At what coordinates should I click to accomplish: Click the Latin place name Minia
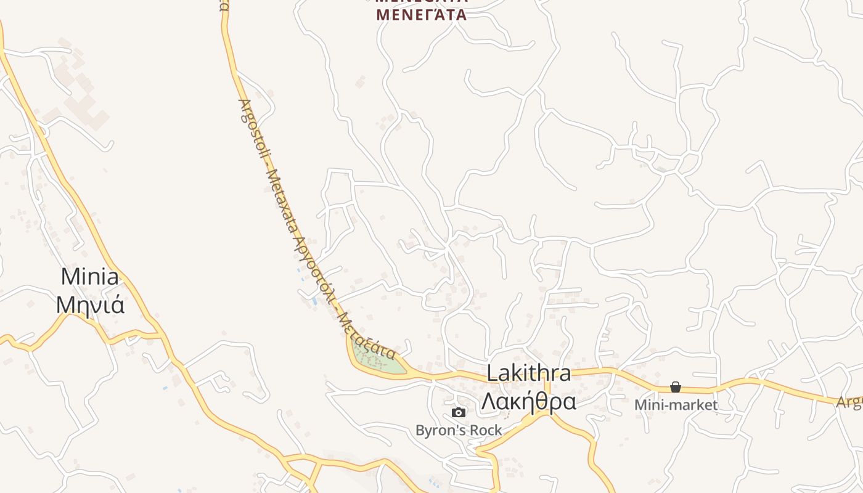pyautogui.click(x=90, y=277)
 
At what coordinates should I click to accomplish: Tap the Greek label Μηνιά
pyautogui.click(x=90, y=304)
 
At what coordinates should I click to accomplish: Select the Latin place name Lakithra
pyautogui.click(x=528, y=373)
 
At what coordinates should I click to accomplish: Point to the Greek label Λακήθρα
pyautogui.click(x=528, y=401)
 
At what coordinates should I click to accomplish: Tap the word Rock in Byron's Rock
pyautogui.click(x=488, y=430)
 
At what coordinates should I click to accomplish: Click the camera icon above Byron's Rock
pyautogui.click(x=459, y=412)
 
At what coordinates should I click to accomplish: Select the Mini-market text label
pyautogui.click(x=676, y=405)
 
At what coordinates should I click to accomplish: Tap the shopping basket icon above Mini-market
pyautogui.click(x=676, y=387)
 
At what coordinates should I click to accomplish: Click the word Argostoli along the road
pyautogui.click(x=252, y=132)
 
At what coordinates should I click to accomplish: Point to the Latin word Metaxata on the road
pyautogui.click(x=283, y=206)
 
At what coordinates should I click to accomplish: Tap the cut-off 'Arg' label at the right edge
pyautogui.click(x=849, y=402)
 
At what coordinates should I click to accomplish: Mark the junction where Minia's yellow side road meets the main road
pyautogui.click(x=162, y=336)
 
